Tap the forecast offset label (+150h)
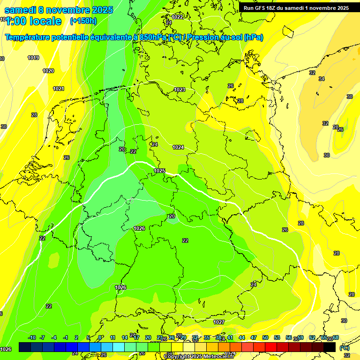[83, 21]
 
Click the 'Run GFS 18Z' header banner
[296, 8]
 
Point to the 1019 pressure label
[33, 58]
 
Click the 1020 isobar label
[48, 71]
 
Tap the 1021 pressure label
[59, 89]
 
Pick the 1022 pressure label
[177, 17]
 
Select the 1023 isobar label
[180, 90]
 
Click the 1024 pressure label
[178, 147]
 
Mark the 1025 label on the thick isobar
[159, 171]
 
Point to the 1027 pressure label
[219, 322]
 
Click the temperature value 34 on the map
[322, 79]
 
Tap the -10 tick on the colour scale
[32, 338]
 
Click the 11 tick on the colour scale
[113, 338]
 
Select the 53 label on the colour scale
[277, 338]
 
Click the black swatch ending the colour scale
[330, 347]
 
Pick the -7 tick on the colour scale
[42, 338]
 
